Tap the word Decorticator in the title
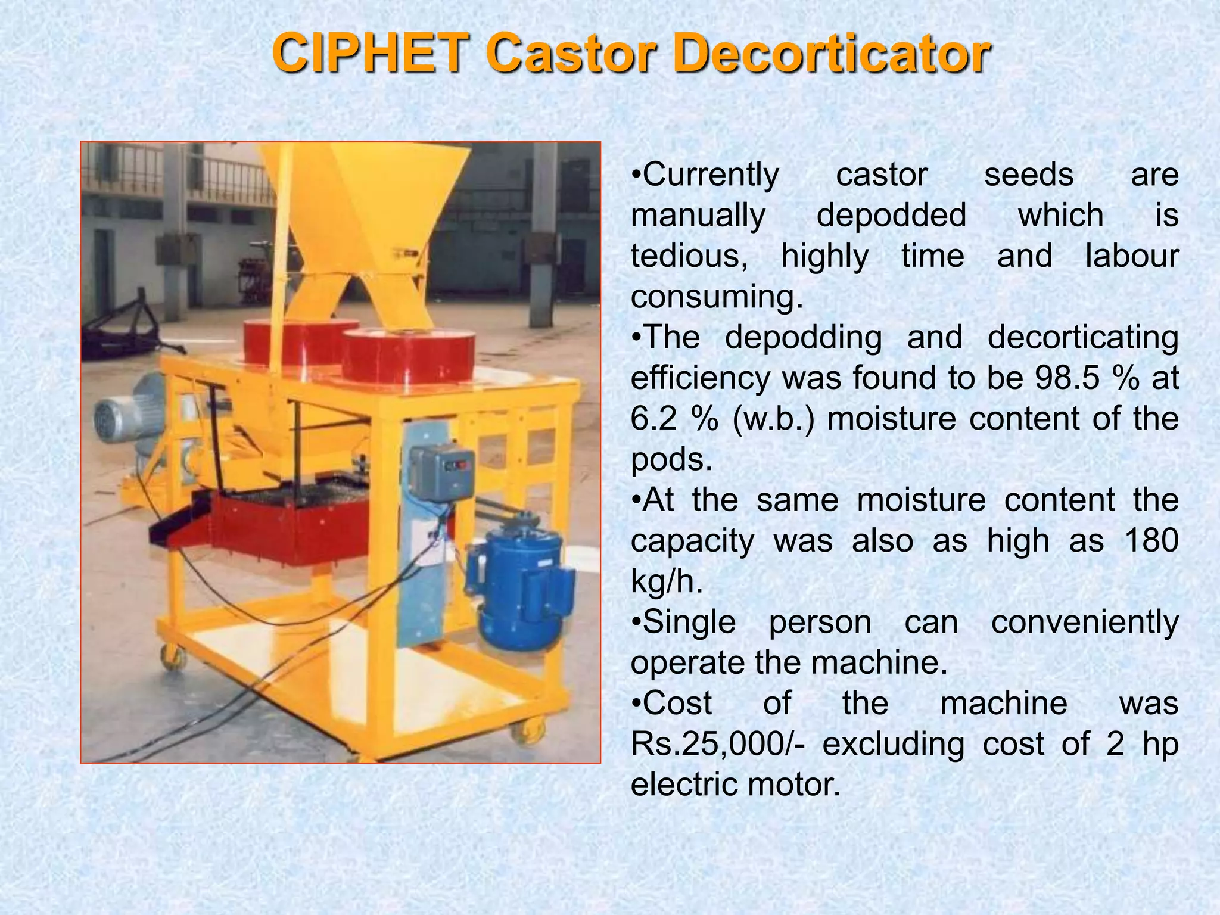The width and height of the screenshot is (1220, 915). [x=833, y=54]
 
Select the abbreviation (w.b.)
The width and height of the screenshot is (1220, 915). [x=773, y=419]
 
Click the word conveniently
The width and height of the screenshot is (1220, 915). [x=1084, y=622]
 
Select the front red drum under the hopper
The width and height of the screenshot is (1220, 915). [x=408, y=357]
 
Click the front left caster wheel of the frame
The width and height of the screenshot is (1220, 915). [x=173, y=658]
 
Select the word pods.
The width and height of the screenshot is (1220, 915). [x=671, y=460]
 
